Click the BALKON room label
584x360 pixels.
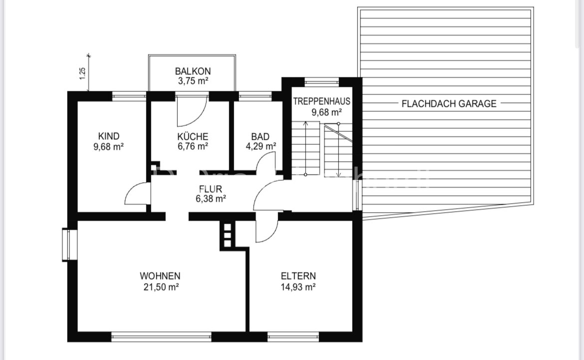tap(192, 71)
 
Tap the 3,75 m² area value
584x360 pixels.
tap(192, 81)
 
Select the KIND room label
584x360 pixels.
tap(109, 136)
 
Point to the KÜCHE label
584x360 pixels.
tap(192, 136)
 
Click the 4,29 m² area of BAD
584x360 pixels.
tap(260, 147)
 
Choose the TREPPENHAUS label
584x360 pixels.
tap(321, 101)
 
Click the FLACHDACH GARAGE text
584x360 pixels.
tap(449, 104)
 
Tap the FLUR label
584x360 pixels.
tap(210, 189)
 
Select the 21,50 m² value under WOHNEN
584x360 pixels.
tap(160, 287)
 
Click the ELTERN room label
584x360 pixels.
tap(298, 276)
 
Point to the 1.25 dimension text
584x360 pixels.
tap(83, 74)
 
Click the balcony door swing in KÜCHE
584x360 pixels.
tap(192, 111)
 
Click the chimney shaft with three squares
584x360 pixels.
tap(227, 234)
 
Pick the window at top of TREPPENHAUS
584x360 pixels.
tap(321, 80)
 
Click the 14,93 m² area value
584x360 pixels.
tap(298, 287)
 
